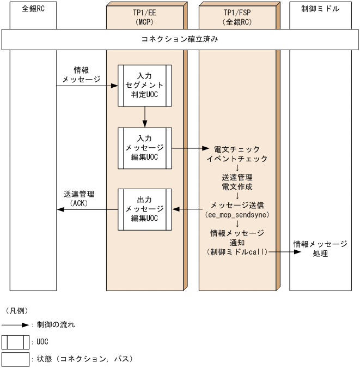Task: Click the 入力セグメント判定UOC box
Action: click(145, 86)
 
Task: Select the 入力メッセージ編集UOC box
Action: click(145, 148)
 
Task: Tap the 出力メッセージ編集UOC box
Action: click(145, 209)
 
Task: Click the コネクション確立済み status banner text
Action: click(179, 40)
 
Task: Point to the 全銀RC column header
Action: click(32, 9)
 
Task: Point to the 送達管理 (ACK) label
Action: click(79, 198)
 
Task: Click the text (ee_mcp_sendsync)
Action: click(237, 215)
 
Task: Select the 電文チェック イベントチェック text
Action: click(237, 153)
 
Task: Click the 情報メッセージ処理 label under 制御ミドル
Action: click(320, 248)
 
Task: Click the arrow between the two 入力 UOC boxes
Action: click(145, 116)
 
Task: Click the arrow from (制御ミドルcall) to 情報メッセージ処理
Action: click(279, 252)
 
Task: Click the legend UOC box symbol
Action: click(16, 342)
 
